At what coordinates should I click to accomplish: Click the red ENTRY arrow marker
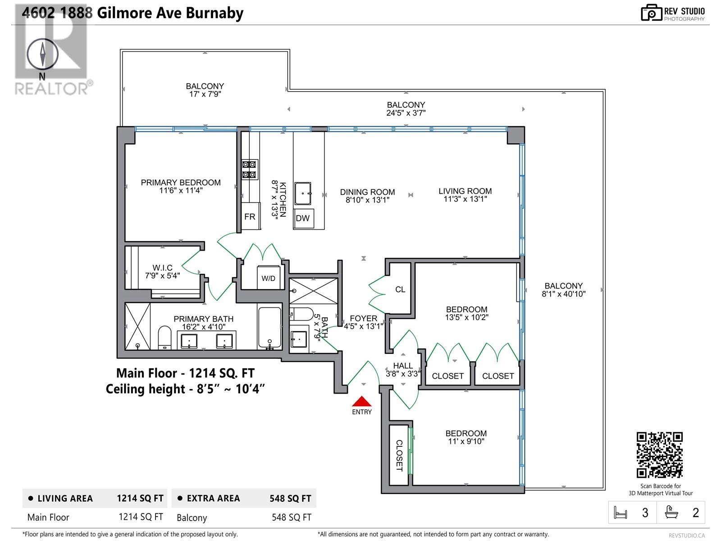coord(361,401)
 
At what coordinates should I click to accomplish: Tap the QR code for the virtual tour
coord(659,454)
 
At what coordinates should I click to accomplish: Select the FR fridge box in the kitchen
coord(250,217)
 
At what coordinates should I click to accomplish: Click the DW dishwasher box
coord(303,218)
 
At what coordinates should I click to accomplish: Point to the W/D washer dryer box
coord(268,278)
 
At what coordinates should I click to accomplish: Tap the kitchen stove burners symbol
coord(250,170)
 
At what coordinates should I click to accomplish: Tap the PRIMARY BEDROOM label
coord(181,183)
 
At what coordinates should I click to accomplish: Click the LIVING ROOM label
coord(465,191)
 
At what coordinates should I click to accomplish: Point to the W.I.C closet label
coord(162,268)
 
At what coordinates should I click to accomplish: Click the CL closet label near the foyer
coord(400,289)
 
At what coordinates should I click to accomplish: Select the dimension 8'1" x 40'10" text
coord(563,294)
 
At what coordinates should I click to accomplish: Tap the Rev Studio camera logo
coord(651,13)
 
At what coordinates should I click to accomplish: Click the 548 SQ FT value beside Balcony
coord(291,517)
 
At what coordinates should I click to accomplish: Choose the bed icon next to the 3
coord(621,513)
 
